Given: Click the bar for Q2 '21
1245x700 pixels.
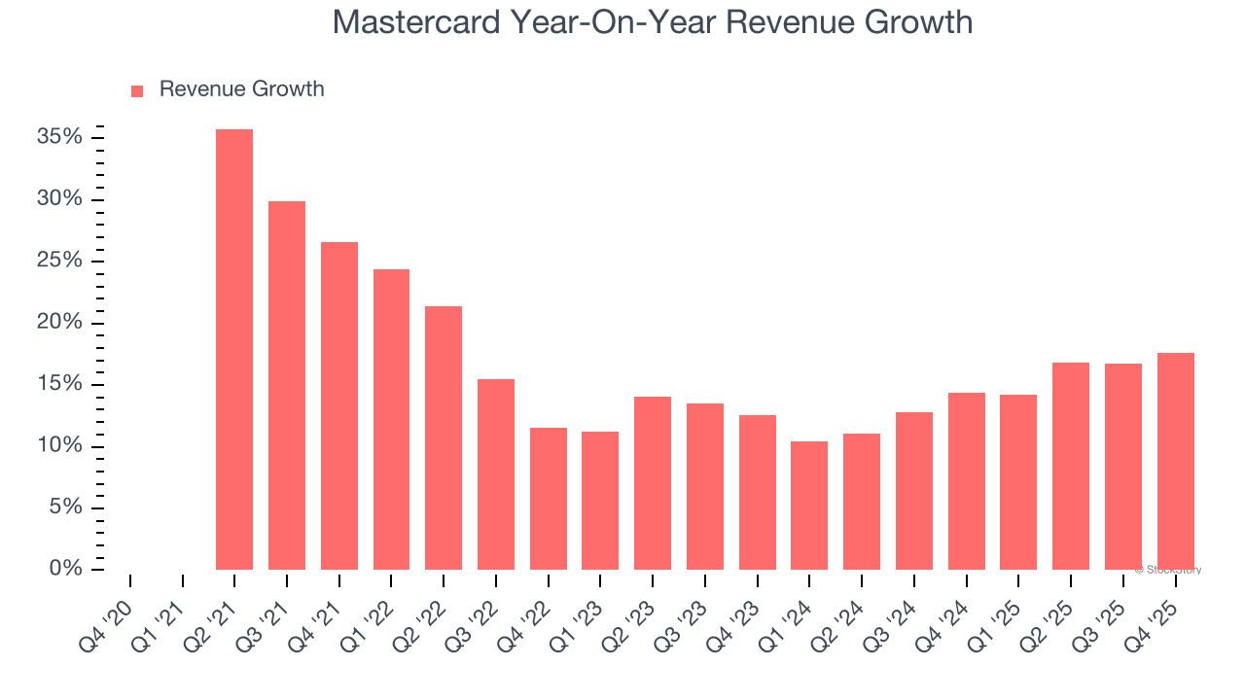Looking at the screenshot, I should pos(234,350).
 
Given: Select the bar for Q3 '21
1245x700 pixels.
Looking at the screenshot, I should pos(287,386).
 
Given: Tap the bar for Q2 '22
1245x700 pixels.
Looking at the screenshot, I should pos(444,437).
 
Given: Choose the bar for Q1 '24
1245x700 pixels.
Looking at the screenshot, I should pos(809,506).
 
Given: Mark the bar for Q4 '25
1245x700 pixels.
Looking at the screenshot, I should pos(1175,462).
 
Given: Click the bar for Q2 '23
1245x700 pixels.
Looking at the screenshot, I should pos(653,483).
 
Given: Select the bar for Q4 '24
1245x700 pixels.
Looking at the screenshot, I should pos(966,481).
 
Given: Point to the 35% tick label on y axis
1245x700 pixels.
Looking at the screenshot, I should pos(59,137).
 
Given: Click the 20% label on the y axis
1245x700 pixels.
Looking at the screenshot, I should pos(59,323).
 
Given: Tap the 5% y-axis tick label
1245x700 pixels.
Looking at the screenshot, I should pos(65,507).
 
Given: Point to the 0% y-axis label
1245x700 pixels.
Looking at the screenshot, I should pos(65,569).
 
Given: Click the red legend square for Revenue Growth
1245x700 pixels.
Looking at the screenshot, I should pos(137,90).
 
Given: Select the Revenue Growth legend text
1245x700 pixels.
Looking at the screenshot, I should pos(241,89).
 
